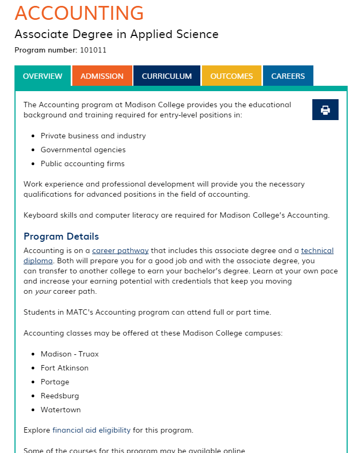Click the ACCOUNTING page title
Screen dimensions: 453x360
point(79,13)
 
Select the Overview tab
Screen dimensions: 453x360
point(42,76)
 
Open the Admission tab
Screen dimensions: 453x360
point(102,76)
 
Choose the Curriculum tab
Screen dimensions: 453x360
point(167,76)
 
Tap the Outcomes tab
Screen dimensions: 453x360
point(231,76)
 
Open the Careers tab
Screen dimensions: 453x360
point(288,76)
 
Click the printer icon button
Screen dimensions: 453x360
point(325,110)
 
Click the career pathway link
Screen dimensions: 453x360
point(120,250)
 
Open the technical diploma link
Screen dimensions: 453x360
point(317,250)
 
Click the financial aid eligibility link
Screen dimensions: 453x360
point(91,430)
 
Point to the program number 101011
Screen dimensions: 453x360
point(93,50)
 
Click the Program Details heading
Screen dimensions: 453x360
point(61,236)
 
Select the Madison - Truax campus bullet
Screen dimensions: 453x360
point(70,354)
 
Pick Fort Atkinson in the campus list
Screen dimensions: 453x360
point(64,368)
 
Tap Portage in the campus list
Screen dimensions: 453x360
point(55,382)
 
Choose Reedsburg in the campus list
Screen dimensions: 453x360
point(59,396)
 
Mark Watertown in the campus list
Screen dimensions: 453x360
point(61,410)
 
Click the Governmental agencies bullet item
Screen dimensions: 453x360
point(83,150)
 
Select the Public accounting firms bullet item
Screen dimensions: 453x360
point(82,164)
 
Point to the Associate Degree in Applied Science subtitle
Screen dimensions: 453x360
point(116,34)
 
